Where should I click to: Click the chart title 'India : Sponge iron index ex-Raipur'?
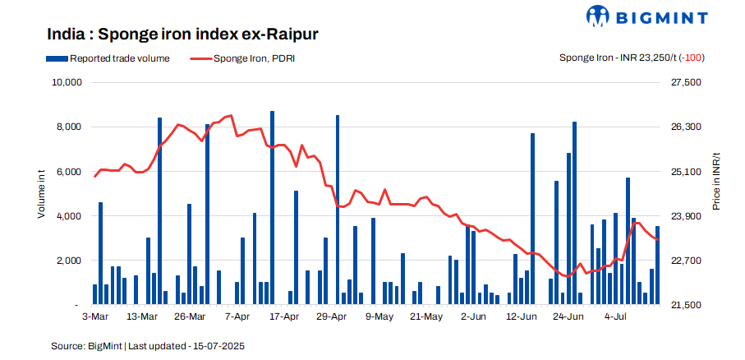point(182,35)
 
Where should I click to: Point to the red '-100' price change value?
point(694,58)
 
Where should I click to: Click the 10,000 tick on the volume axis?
point(67,83)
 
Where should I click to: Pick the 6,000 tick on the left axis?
point(69,172)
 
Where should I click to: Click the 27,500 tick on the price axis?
point(684,83)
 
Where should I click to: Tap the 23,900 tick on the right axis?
point(684,216)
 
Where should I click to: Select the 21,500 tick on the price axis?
point(684,305)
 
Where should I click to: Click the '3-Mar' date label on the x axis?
point(94,316)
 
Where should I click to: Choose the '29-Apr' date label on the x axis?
point(332,316)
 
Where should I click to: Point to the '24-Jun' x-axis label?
point(568,316)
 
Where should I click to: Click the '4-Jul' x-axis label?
point(616,316)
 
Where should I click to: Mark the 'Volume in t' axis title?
point(41,193)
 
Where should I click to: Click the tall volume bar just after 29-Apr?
point(338,210)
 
